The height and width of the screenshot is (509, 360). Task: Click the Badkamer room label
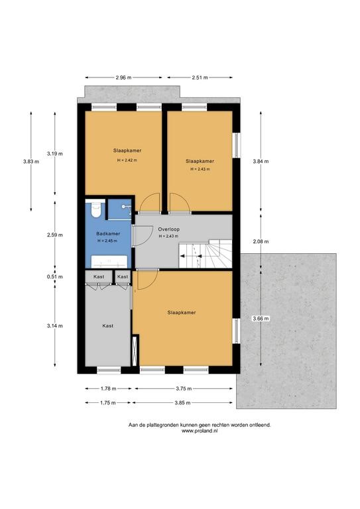[x=108, y=233]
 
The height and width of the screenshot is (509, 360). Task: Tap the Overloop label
[x=169, y=229]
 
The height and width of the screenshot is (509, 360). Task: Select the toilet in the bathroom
[x=95, y=209]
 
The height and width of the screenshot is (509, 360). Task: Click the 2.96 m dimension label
[x=123, y=78]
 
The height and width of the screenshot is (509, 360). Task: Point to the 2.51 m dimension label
[x=200, y=78]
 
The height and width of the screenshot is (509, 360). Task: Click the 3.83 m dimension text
[x=31, y=161]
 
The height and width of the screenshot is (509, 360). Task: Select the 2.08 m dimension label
[x=261, y=241]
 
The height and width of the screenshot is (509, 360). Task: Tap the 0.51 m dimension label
[x=55, y=277]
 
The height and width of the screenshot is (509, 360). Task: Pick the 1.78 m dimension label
[x=108, y=388]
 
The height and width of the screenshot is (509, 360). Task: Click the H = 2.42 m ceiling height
[x=127, y=160]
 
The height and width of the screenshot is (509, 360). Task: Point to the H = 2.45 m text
[x=107, y=241]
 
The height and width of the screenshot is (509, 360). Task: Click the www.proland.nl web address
[x=200, y=431]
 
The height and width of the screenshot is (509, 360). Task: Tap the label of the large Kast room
[x=108, y=325]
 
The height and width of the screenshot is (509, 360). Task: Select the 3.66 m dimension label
[x=261, y=318]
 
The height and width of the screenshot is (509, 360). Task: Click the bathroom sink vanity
[x=109, y=261]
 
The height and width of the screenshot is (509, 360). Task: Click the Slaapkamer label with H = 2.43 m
[x=200, y=161]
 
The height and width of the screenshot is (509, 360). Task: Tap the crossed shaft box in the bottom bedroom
[x=135, y=352]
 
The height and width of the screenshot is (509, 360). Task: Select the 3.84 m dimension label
[x=261, y=161]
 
